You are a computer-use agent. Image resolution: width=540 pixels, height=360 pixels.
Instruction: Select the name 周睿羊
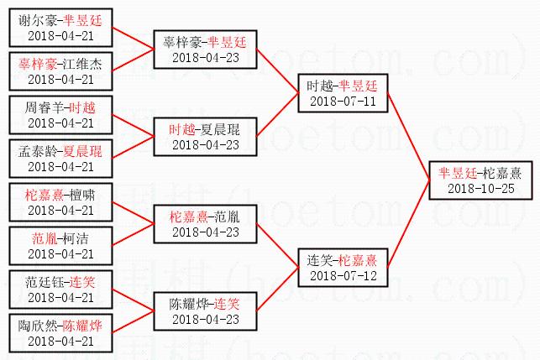[x=45, y=107]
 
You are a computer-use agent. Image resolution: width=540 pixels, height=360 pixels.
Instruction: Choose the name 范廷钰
[x=45, y=281]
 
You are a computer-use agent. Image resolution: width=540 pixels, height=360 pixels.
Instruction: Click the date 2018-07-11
[x=342, y=101]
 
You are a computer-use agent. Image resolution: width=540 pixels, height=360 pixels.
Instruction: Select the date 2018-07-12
[x=342, y=275]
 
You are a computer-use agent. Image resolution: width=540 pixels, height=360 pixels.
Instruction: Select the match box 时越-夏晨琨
[x=204, y=137]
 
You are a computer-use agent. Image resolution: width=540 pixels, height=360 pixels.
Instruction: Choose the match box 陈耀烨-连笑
[x=204, y=310]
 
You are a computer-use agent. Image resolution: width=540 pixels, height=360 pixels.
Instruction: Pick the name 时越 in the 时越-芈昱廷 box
[x=321, y=86]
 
